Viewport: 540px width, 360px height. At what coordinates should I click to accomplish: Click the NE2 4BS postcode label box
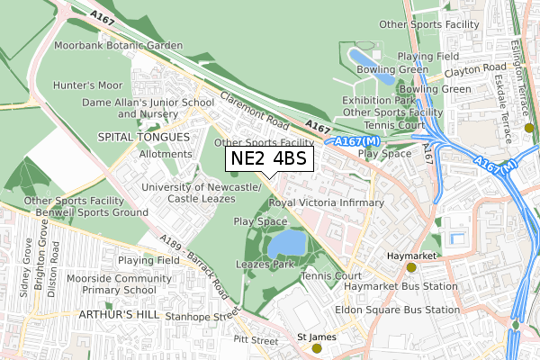tap(269, 159)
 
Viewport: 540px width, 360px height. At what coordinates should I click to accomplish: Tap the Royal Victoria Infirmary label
tap(327, 203)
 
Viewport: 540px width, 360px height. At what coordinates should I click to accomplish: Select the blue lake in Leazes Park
tap(285, 243)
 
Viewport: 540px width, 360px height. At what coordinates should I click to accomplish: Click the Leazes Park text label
tap(265, 265)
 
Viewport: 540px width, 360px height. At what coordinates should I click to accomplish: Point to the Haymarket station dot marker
tap(411, 267)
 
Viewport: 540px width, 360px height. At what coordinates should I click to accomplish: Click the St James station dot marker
tap(316, 348)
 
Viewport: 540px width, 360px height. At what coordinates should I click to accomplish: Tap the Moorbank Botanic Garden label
tap(118, 44)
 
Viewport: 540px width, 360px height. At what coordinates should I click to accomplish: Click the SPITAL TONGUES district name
tap(144, 137)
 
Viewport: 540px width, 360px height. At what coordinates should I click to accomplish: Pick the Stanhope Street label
tap(207, 316)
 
